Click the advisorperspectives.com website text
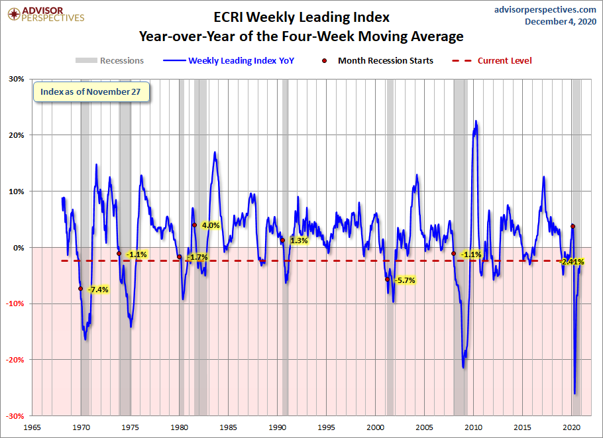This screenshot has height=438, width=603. pos(536,9)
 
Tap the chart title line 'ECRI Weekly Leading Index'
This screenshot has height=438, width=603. pos(301,16)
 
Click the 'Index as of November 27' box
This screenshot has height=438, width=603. pos(91,92)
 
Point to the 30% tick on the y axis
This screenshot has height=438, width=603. pos(15,79)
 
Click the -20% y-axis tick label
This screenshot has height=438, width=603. pos(13,360)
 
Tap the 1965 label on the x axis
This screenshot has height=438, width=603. pos(33,427)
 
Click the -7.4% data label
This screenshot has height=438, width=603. pos(98,290)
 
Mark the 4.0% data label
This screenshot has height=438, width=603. pos(211,225)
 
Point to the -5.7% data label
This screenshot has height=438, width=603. pos(404,280)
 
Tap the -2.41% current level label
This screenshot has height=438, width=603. pos(572,262)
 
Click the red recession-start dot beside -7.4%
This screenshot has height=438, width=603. pos(80,288)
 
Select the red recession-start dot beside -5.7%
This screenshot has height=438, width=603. pos(388,279)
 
